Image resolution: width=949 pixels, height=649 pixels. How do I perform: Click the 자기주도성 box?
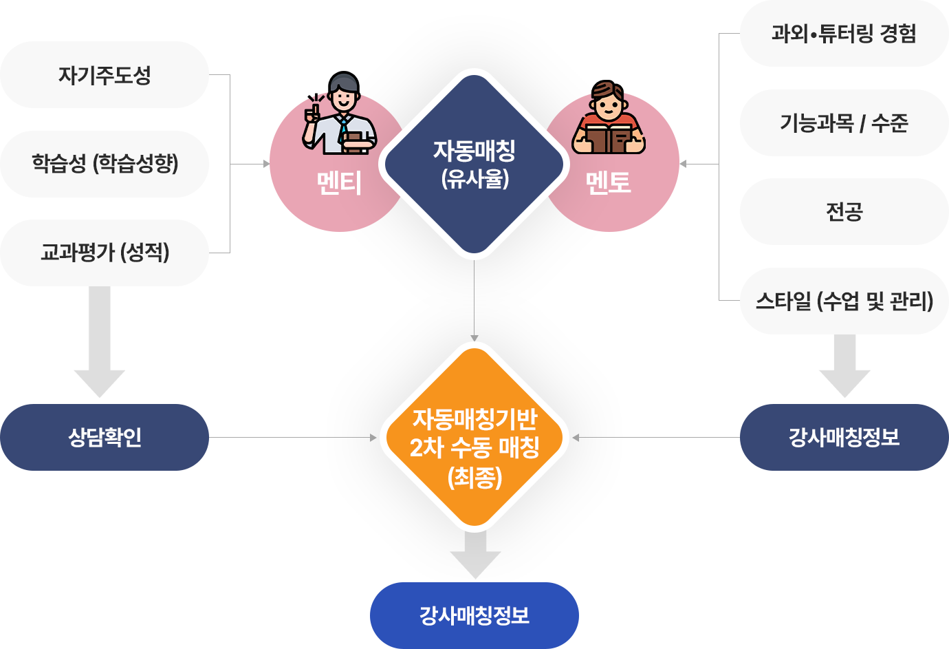(x=105, y=75)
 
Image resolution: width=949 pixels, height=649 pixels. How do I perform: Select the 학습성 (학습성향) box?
(x=105, y=164)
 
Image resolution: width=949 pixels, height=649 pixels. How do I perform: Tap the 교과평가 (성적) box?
(x=105, y=253)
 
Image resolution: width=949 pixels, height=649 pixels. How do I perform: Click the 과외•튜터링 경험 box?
(x=843, y=34)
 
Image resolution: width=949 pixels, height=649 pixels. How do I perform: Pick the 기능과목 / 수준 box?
(x=843, y=123)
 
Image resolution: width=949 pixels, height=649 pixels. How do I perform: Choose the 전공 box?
(x=843, y=211)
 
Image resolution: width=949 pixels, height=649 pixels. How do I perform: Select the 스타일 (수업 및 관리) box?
(x=843, y=301)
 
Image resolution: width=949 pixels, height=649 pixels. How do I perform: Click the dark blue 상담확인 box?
(x=105, y=438)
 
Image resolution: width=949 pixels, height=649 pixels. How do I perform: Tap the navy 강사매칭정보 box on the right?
(x=843, y=438)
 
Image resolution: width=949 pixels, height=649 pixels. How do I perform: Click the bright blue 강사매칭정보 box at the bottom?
(x=474, y=615)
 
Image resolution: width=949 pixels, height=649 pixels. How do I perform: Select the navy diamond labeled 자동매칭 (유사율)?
(x=474, y=164)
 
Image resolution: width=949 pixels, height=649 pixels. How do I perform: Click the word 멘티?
(x=339, y=183)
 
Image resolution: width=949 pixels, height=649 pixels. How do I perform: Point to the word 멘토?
(x=608, y=183)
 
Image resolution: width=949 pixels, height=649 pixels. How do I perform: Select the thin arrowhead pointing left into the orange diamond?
(x=576, y=438)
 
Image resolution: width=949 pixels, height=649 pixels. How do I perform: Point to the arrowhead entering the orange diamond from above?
(x=474, y=337)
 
